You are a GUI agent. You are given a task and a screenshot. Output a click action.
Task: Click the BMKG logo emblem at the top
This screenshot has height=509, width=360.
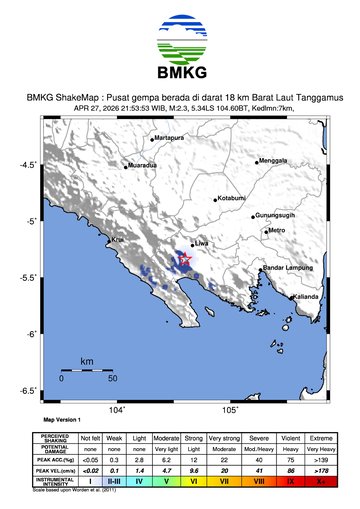pyautogui.click(x=179, y=38)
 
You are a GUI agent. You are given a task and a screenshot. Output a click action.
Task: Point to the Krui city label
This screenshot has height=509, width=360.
pyautogui.click(x=116, y=240)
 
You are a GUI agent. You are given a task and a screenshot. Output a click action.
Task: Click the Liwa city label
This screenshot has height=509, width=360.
pyautogui.click(x=201, y=243)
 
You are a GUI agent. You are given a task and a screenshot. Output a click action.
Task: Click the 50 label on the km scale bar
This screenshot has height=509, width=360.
pyautogui.click(x=112, y=380)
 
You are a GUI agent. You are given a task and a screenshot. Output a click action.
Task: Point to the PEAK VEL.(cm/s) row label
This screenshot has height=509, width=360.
pyautogui.click(x=57, y=469)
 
